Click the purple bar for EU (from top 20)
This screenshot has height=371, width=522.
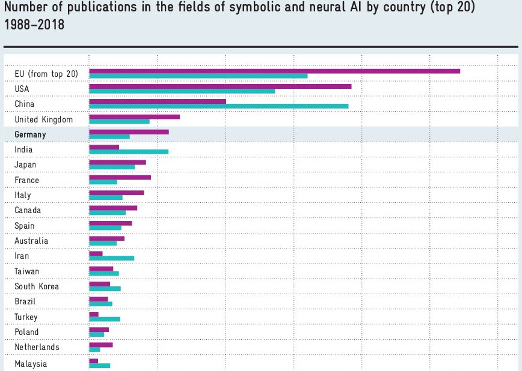pos(274,71)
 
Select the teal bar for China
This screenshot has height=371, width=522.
pos(218,106)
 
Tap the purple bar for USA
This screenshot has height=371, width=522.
pos(220,86)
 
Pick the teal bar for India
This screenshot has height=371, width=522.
pos(129,152)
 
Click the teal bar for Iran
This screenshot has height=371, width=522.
pos(111,258)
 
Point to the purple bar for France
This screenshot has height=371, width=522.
pos(120,177)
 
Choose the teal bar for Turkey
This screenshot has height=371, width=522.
pos(105,319)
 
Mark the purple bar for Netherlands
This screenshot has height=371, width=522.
pos(100,345)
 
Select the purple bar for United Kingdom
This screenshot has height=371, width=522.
pos(134,116)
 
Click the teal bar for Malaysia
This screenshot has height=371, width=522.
pos(99,365)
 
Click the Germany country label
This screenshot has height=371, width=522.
pos(30,134)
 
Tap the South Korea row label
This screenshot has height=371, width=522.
pos(37,286)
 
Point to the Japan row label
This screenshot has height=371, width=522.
pos(25,164)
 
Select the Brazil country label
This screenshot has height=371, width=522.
pos(25,301)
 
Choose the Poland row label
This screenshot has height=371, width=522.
pos(26,332)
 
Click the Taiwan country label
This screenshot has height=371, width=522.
pos(26,271)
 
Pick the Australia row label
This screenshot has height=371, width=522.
pos(31,241)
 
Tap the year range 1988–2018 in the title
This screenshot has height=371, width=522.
pos(34,26)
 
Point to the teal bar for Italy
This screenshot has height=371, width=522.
pos(105,197)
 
